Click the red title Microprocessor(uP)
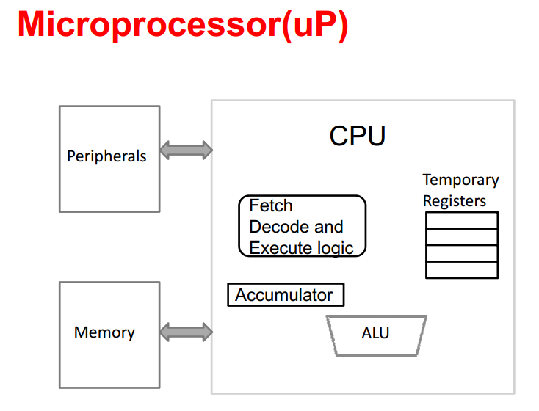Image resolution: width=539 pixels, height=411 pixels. pyautogui.click(x=183, y=25)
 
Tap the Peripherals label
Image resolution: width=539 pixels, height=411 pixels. pyautogui.click(x=106, y=156)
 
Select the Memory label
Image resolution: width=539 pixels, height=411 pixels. pyautogui.click(x=104, y=332)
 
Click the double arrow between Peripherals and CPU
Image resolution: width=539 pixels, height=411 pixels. pyautogui.click(x=187, y=150)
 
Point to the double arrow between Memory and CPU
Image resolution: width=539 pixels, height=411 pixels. pyautogui.click(x=187, y=332)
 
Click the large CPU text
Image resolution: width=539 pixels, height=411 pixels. pyautogui.click(x=358, y=136)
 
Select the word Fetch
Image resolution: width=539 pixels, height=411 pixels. pyautogui.click(x=271, y=205)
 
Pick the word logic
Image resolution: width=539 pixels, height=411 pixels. pyautogui.click(x=335, y=249)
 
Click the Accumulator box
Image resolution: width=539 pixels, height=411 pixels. pyautogui.click(x=286, y=295)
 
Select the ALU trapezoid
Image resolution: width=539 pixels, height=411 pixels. pyautogui.click(x=377, y=335)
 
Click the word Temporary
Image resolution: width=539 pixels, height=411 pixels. pyautogui.click(x=460, y=180)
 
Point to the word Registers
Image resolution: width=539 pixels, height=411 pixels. pyautogui.click(x=455, y=201)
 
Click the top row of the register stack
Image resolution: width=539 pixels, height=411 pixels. pyautogui.click(x=462, y=220)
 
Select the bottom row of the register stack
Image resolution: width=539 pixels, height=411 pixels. pyautogui.click(x=462, y=270)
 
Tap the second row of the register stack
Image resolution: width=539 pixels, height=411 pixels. pyautogui.click(x=462, y=237)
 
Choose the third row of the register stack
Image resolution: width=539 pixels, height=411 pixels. pyautogui.click(x=462, y=254)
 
